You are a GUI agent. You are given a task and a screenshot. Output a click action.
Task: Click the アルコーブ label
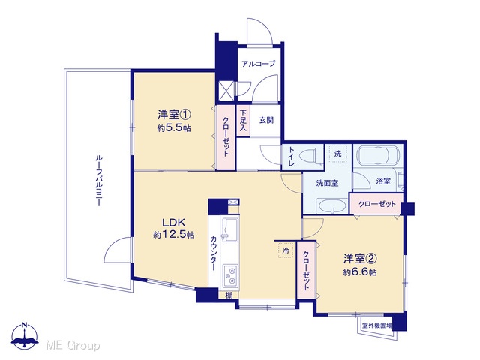point(258,64)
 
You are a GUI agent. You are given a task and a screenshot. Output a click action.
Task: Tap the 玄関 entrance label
point(266,120)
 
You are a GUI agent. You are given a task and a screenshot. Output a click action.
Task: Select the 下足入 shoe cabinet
point(243,121)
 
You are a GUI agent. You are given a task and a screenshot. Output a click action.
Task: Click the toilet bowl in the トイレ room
point(312,156)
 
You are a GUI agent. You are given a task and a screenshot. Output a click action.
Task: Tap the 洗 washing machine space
point(337,154)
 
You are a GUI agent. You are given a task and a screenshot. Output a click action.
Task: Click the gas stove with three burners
point(229,276)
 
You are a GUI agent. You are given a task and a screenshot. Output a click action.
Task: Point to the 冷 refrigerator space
point(286,250)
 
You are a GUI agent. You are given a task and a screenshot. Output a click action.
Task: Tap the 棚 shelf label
point(229,295)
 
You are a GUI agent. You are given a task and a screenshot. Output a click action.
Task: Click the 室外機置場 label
point(376,325)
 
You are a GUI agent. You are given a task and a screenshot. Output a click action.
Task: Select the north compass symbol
point(25,336)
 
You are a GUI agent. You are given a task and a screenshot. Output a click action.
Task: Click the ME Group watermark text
point(73,345)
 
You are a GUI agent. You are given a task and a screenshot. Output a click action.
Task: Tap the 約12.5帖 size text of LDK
point(173,235)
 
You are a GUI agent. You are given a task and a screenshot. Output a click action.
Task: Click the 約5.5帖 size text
point(174,128)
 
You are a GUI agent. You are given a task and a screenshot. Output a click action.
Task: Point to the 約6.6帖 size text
point(360,271)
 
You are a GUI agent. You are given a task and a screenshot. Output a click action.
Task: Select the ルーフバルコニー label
point(98,181)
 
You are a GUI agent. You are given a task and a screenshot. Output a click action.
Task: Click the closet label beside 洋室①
point(226,136)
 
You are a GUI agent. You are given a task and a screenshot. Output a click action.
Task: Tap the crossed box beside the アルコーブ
point(226,91)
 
